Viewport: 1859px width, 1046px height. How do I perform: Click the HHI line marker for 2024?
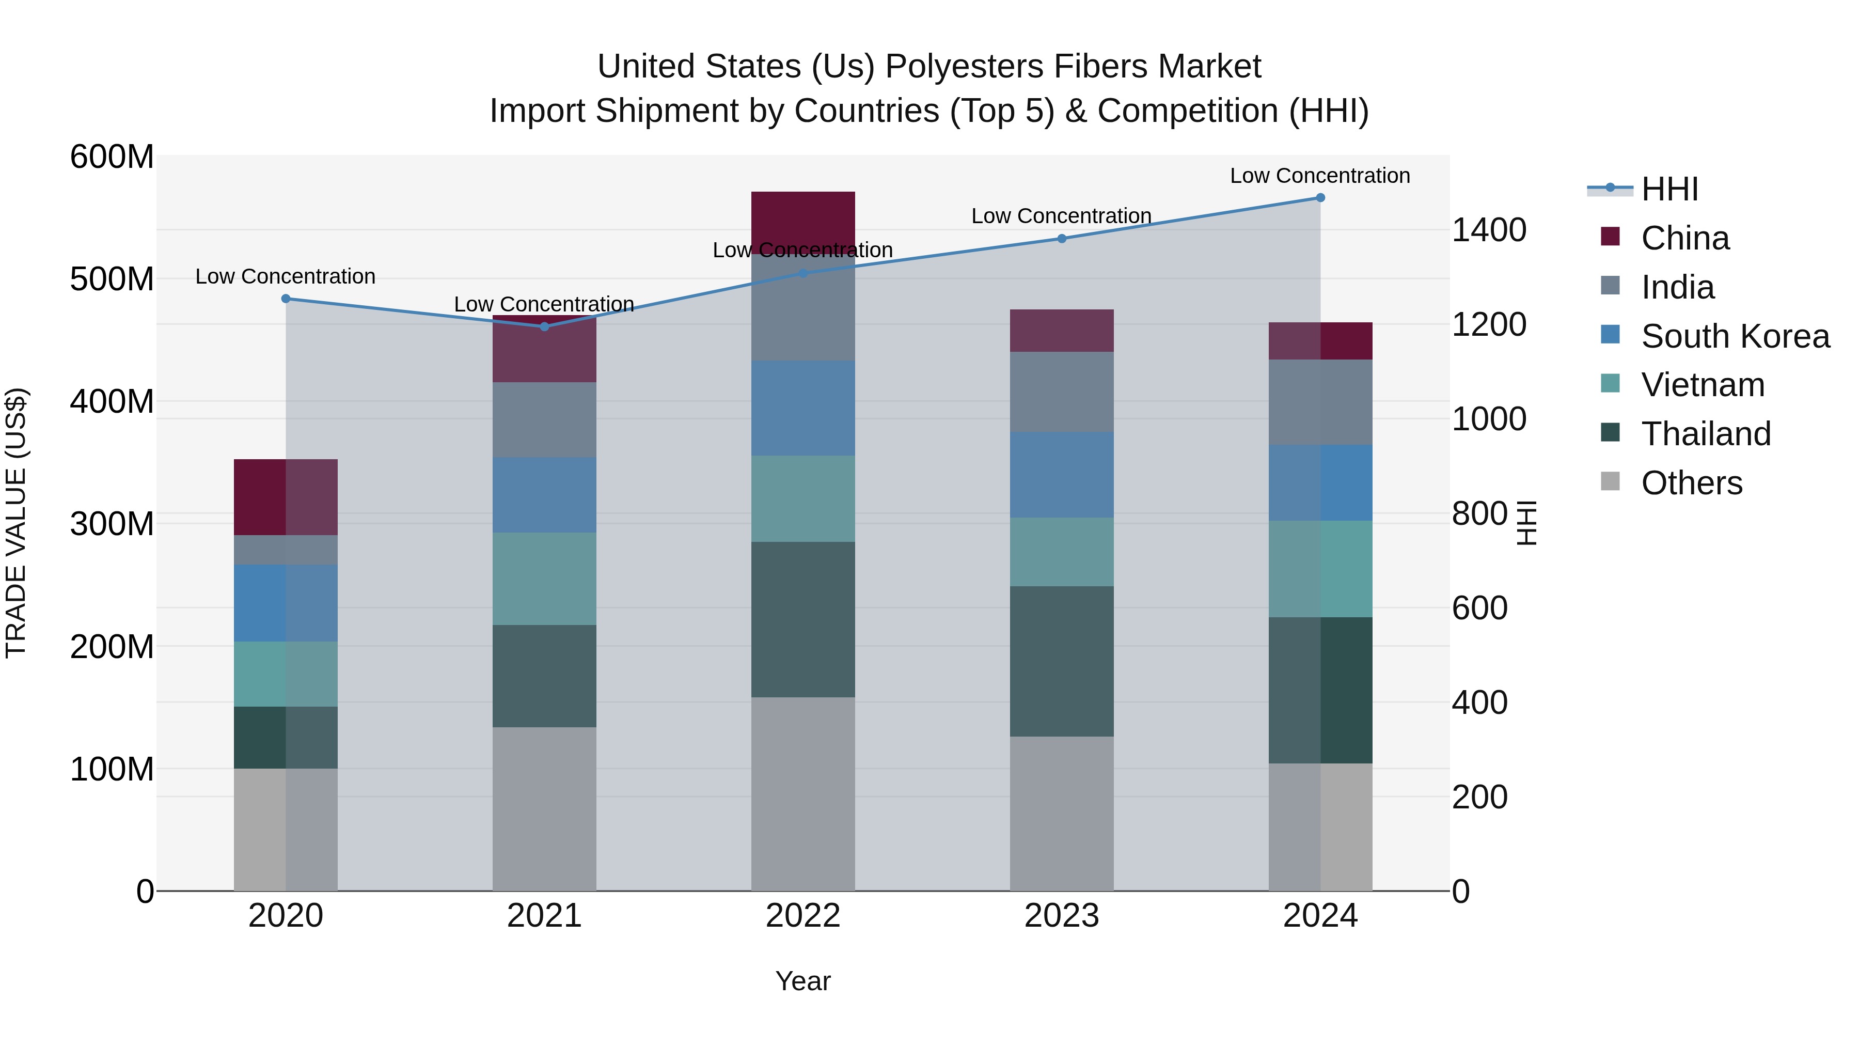point(1320,198)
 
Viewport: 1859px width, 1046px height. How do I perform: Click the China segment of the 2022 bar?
point(802,216)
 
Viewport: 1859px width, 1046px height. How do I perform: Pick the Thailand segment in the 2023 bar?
point(1062,661)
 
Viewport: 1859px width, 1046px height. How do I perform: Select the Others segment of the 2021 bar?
point(544,808)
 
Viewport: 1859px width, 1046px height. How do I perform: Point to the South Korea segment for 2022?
point(802,408)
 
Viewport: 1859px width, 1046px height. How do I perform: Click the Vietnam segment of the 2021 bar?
point(544,579)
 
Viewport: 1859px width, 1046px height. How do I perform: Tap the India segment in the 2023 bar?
point(1062,392)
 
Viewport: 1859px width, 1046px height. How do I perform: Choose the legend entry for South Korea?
point(1735,336)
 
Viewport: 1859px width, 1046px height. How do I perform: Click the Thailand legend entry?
point(1705,434)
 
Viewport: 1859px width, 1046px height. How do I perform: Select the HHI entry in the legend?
point(1669,189)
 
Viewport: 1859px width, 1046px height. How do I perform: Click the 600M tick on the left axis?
point(112,157)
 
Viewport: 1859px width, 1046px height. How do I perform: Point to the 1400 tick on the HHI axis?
point(1488,230)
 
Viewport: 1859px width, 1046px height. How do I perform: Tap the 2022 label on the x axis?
point(802,916)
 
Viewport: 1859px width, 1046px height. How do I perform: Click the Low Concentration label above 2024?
point(1319,176)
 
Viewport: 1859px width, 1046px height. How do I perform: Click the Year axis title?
point(802,981)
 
